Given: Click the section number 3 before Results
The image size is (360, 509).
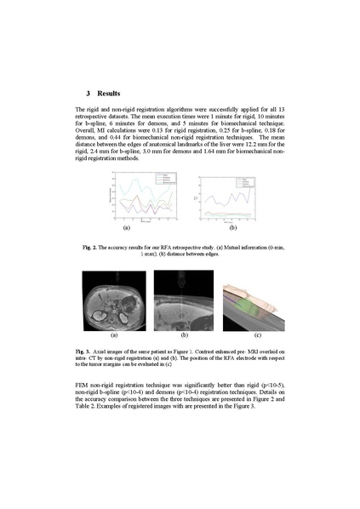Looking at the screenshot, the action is pyautogui.click(x=89, y=92).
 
